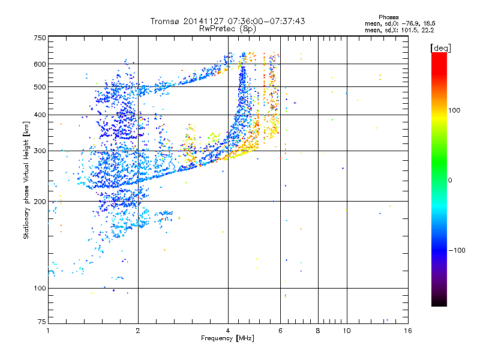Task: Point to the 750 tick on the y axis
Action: point(40,38)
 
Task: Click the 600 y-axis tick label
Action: point(40,64)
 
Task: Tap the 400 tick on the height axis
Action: point(40,115)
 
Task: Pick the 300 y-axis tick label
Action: point(40,151)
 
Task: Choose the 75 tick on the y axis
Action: point(41,323)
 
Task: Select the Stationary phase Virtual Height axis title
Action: point(26,180)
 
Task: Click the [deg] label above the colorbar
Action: point(441,47)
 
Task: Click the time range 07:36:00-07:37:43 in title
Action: point(263,21)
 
